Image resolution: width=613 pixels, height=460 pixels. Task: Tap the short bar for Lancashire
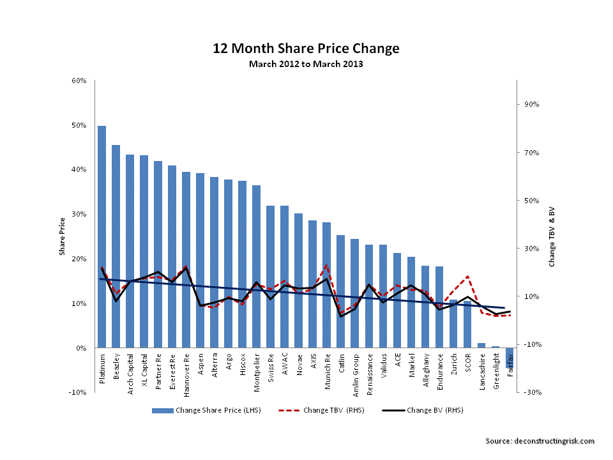(x=481, y=346)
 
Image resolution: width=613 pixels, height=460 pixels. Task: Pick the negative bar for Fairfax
(x=510, y=358)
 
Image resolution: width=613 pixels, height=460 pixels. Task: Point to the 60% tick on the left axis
(x=79, y=80)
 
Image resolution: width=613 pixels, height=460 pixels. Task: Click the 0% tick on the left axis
(x=81, y=348)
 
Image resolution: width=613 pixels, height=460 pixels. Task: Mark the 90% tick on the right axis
(x=532, y=104)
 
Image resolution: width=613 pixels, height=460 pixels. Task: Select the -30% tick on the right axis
(x=532, y=392)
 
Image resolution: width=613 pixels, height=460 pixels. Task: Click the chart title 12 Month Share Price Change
(x=306, y=49)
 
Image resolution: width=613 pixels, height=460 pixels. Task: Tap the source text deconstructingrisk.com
(x=540, y=441)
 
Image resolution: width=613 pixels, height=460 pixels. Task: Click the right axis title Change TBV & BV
(x=552, y=236)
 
